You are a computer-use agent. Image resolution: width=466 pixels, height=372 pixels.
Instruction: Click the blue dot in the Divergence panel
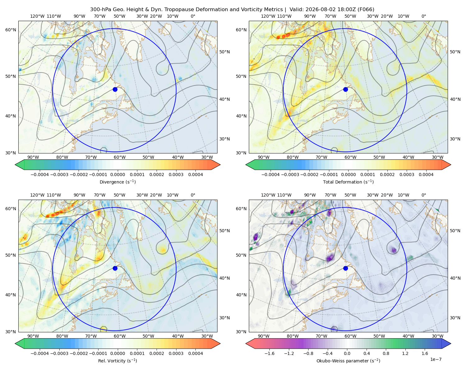tap(115, 89)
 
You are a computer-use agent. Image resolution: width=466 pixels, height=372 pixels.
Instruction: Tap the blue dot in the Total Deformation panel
tap(345, 89)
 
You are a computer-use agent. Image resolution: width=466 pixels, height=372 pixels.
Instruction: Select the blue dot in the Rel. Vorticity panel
tap(115, 268)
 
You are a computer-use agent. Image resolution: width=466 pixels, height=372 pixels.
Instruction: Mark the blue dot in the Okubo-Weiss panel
tap(345, 268)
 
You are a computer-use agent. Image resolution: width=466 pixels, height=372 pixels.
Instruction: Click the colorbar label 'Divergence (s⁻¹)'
tap(117, 182)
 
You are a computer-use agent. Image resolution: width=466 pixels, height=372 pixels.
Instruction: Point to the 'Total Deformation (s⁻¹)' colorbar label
tap(348, 182)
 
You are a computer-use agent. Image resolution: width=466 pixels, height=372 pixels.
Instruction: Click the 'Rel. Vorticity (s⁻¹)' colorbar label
tap(117, 361)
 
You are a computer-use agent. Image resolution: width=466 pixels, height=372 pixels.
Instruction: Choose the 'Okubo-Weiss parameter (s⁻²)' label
tap(348, 361)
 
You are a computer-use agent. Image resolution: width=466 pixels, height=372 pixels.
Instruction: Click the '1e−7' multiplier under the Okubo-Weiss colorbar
tap(436, 359)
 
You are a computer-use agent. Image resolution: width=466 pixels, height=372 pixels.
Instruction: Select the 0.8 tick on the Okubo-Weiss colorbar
tap(386, 353)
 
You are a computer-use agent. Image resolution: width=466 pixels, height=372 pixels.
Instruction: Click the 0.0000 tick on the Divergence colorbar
tap(117, 175)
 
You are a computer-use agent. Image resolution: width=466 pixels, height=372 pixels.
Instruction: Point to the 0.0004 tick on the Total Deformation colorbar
tap(426, 175)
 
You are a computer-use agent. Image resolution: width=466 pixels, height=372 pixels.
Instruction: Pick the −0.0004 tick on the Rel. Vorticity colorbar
tap(40, 353)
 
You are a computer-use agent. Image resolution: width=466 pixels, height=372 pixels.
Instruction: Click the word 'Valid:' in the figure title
tap(297, 10)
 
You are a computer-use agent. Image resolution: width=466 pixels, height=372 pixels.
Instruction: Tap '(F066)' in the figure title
tap(366, 10)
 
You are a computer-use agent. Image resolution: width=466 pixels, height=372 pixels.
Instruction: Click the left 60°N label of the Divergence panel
tap(11, 30)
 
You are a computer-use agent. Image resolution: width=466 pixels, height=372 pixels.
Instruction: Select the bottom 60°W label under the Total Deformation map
tap(350, 157)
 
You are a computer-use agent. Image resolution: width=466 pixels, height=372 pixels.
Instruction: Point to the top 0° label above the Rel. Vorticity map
tap(193, 195)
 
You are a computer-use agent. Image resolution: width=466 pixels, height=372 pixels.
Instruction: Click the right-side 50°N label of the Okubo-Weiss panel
tap(455, 231)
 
